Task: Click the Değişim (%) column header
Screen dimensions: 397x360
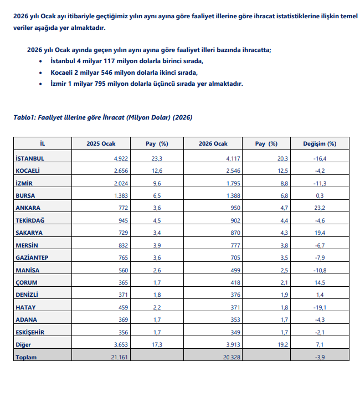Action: click(320, 144)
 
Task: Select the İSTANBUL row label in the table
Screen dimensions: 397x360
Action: click(30, 158)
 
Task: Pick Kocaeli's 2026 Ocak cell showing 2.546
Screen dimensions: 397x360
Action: click(230, 171)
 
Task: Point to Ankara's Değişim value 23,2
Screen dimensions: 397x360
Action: click(320, 208)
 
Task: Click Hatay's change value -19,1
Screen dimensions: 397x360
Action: click(320, 307)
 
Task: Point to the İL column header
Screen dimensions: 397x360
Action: click(43, 144)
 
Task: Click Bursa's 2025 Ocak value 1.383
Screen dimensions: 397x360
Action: click(120, 195)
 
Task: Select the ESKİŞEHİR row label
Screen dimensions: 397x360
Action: click(30, 332)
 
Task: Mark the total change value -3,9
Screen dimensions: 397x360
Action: click(320, 357)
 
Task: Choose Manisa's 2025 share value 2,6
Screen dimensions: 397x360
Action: click(157, 270)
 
